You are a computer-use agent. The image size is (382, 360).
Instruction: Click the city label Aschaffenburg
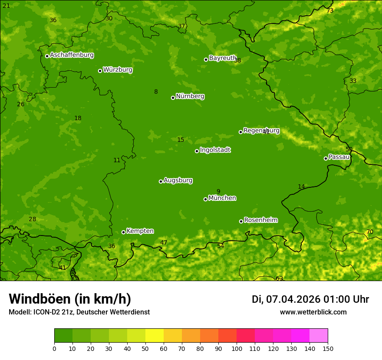tap(72, 55)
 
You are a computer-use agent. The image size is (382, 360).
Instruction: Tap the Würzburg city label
tap(118, 70)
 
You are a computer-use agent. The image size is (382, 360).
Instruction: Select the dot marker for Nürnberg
tap(173, 98)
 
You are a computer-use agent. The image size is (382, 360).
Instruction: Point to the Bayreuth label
tap(223, 58)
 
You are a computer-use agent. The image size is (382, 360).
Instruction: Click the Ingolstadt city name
tap(215, 150)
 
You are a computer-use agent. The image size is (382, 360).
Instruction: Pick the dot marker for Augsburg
tap(161, 181)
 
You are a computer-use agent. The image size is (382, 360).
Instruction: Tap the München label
tap(222, 198)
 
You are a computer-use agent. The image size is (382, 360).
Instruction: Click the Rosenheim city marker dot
tap(241, 221)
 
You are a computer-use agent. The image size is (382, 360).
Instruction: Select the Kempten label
tap(140, 231)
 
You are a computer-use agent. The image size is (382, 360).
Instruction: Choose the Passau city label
tap(339, 157)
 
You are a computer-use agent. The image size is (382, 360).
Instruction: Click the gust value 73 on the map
tap(330, 11)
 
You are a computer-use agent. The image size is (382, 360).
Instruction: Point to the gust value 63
tap(279, 278)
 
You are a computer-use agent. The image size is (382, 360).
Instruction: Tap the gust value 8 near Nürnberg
tap(156, 92)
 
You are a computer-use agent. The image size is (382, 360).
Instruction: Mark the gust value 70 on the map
tap(369, 232)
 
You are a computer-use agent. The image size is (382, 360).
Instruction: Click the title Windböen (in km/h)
tap(70, 299)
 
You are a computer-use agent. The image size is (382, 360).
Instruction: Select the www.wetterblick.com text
tap(313, 312)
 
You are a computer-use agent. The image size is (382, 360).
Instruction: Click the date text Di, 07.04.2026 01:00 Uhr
tap(310, 299)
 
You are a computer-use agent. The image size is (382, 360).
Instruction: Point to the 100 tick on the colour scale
tap(237, 348)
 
